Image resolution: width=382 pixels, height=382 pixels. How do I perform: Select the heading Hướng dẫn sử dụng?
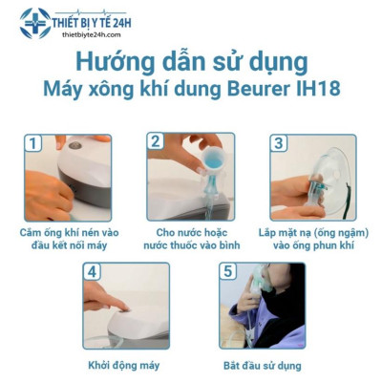coord(191,63)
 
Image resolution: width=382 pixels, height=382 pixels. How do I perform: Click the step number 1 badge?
coord(34,143)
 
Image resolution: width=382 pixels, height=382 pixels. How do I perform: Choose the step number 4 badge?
coord(94,271)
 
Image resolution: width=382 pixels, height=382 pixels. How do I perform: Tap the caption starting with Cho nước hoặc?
coord(193,239)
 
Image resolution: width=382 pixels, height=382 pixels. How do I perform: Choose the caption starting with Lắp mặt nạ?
coord(312,239)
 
